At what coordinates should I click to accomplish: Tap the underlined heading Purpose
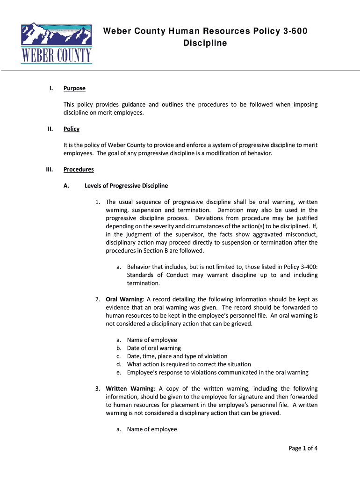tap(74, 88)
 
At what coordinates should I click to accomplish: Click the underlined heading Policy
tap(72, 129)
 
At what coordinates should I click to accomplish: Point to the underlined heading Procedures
tap(79, 169)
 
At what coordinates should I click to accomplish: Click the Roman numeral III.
tap(49, 169)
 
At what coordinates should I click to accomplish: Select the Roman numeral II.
tap(50, 129)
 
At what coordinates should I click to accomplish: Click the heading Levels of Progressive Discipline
tap(126, 186)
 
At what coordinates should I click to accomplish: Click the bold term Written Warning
tap(130, 389)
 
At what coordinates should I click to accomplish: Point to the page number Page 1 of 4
tap(303, 448)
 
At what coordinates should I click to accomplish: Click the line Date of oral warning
tap(154, 348)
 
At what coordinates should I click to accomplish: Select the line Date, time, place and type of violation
tap(177, 356)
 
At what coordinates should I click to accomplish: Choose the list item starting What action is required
tap(189, 364)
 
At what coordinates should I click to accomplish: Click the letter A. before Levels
tap(66, 186)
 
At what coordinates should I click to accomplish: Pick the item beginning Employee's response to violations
tap(217, 372)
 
